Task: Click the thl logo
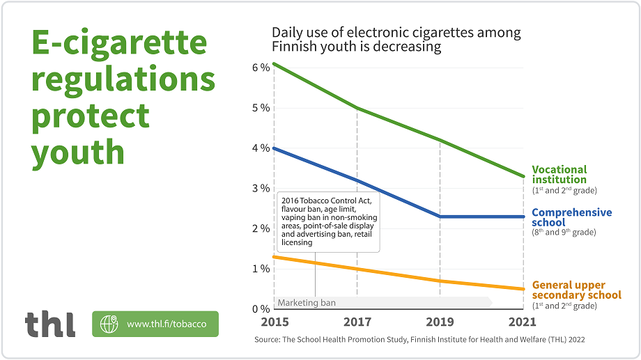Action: click(50, 324)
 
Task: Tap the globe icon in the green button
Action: click(109, 324)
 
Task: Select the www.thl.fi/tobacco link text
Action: click(167, 324)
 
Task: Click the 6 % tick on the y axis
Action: click(261, 67)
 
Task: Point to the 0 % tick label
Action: click(261, 308)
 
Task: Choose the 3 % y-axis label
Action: click(261, 188)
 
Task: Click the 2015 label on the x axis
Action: click(274, 322)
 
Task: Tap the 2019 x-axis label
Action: click(440, 322)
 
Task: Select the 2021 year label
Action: click(523, 322)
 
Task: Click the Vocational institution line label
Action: click(559, 175)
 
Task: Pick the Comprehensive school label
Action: click(571, 217)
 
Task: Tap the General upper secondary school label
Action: click(576, 290)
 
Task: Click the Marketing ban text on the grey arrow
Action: click(307, 303)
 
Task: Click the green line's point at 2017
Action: click(357, 108)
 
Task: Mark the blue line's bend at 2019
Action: click(440, 217)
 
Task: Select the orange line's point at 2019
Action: click(440, 281)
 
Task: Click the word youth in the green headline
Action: click(78, 152)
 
